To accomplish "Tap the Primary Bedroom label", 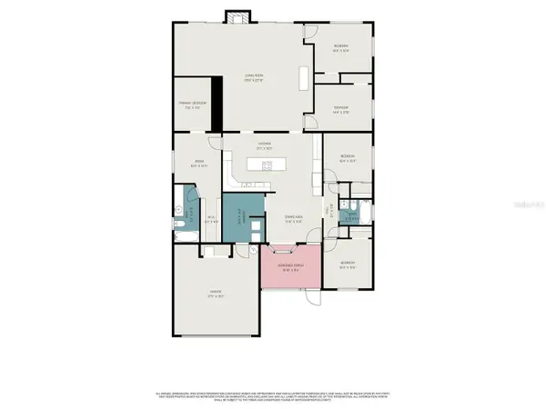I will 192,104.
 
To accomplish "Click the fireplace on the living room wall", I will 238,17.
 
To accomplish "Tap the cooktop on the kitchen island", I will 268,165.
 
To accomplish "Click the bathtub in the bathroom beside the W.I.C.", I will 191,201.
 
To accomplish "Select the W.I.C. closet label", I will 210,217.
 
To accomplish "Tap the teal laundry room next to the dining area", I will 238,219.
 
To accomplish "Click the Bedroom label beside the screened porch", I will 348,264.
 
